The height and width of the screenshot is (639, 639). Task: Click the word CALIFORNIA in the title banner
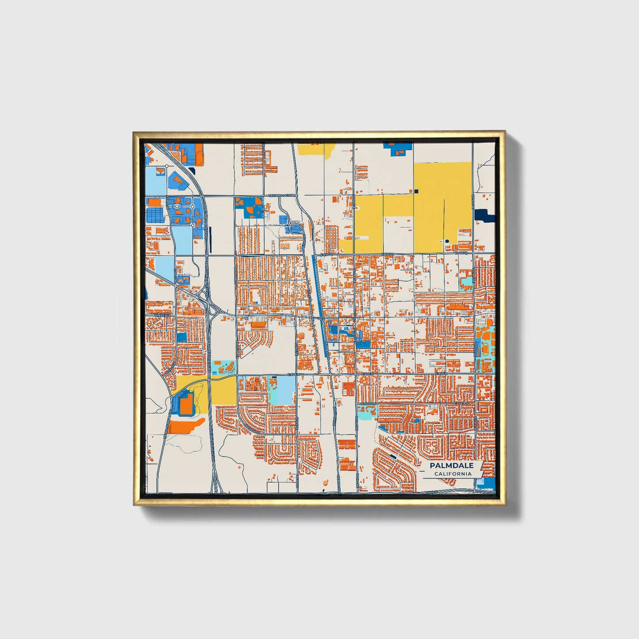(x=452, y=474)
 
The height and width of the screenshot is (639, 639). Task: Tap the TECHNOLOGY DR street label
(x=282, y=195)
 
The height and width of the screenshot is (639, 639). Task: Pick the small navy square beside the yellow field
(x=416, y=191)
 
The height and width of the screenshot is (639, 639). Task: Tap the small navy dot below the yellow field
(x=447, y=241)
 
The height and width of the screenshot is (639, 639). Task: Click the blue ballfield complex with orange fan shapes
(x=249, y=207)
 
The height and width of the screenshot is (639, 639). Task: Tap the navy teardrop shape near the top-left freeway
(x=191, y=170)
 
